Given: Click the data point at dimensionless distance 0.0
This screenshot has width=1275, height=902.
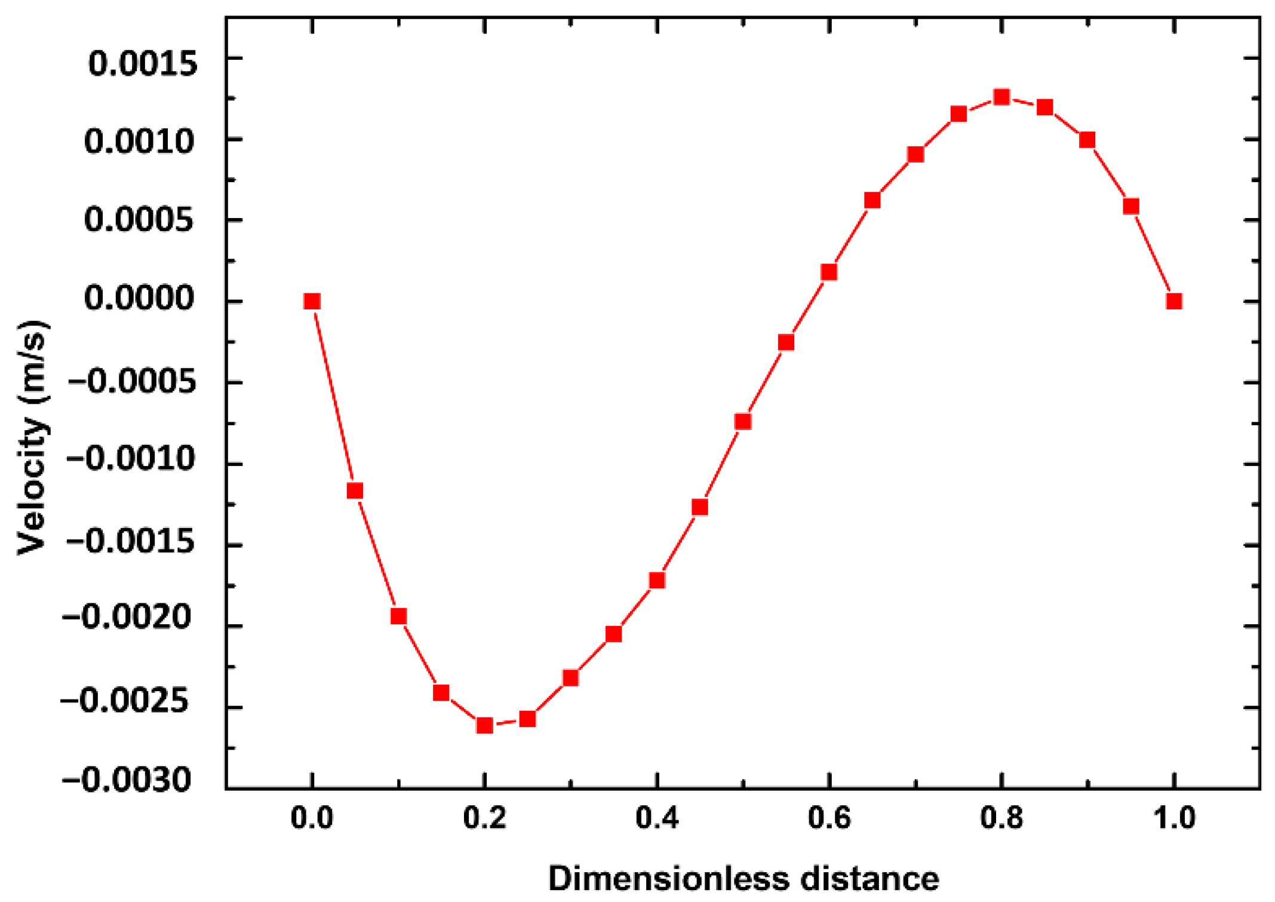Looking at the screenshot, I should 312,301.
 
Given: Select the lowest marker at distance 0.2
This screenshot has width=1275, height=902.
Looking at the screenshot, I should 484,725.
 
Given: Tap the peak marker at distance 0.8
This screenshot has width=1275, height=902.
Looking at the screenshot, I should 1001,97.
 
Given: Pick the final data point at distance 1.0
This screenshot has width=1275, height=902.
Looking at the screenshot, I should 1174,301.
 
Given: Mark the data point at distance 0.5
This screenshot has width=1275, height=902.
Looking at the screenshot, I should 743,422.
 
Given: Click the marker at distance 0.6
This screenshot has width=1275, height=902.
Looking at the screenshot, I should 829,272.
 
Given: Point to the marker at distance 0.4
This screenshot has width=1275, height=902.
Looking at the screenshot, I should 657,580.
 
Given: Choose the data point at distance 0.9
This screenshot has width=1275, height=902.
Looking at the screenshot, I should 1087,140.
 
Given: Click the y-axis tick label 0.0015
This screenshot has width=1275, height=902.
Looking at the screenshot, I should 142,63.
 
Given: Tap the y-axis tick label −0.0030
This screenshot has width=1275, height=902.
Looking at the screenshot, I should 127,780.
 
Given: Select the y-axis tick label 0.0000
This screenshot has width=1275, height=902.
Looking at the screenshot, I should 139,298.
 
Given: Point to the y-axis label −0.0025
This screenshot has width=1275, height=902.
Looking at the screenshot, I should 125,701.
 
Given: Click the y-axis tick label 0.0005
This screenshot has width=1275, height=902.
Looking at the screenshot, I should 139,220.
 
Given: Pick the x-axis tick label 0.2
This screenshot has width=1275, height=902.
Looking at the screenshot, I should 484,818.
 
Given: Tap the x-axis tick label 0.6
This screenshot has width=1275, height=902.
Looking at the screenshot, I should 829,818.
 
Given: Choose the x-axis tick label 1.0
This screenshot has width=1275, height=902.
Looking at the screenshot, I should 1174,818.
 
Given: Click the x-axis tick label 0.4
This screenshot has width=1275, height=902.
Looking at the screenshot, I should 657,818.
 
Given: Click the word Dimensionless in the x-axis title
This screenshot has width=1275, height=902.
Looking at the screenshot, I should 669,879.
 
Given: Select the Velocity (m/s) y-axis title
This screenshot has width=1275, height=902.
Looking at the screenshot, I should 32,438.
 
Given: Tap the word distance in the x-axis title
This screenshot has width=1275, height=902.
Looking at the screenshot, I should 870,879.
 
